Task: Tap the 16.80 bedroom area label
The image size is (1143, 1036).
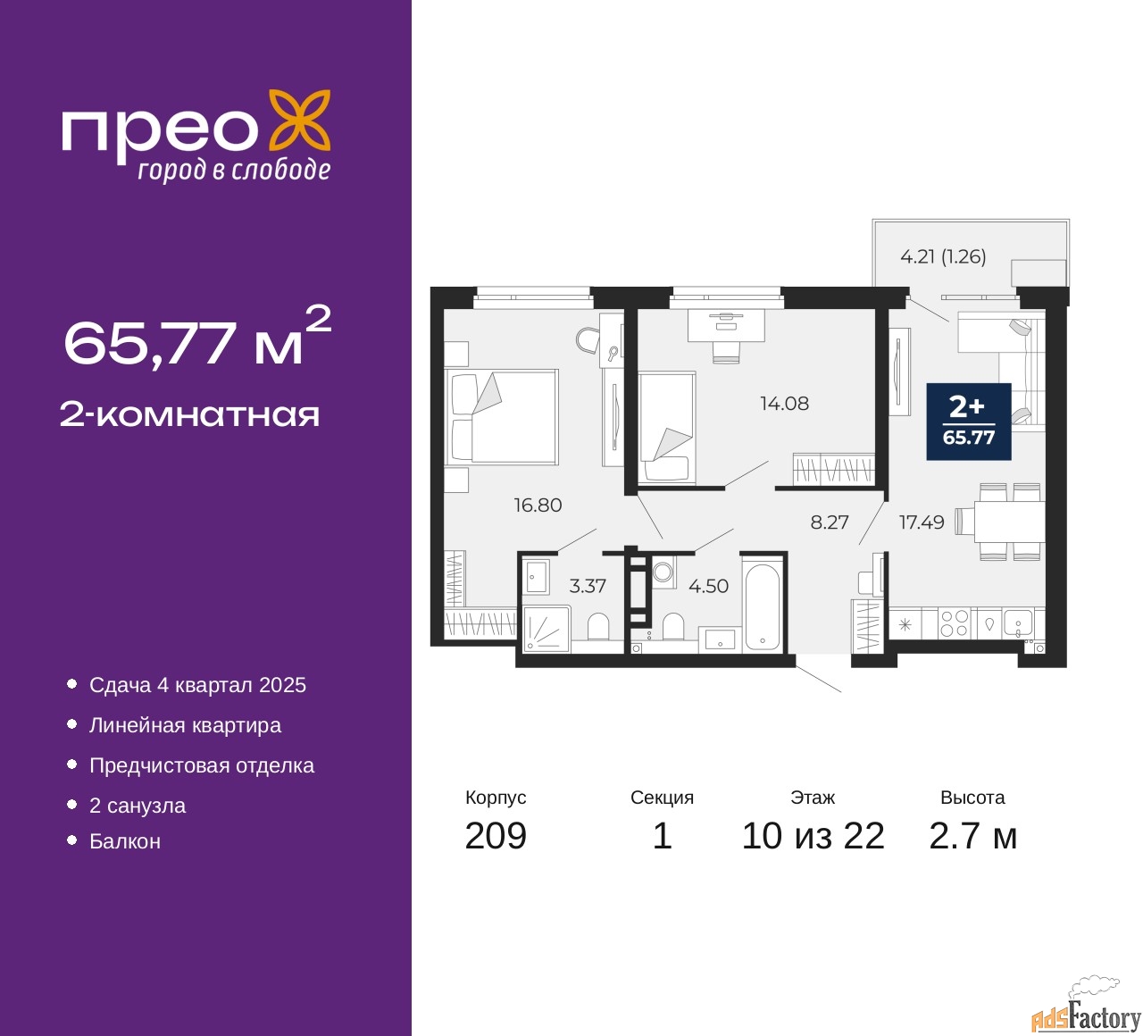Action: point(538,505)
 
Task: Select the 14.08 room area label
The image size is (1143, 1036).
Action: point(784,404)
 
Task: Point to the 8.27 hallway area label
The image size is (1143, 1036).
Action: point(829,522)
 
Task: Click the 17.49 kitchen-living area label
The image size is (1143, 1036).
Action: point(921,522)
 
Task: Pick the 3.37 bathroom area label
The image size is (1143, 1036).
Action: point(588,587)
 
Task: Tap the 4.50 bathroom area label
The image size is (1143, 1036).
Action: point(708,587)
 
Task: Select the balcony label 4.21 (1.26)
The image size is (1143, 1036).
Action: point(943,257)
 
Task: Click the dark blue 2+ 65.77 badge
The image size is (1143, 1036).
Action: point(969,422)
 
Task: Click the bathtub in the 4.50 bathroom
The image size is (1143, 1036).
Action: point(762,606)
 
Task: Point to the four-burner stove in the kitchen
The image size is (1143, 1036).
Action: point(954,623)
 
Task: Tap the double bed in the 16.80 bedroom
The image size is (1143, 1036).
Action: point(502,417)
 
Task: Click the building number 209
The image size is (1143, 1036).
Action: point(496,836)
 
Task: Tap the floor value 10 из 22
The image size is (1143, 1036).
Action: point(813,836)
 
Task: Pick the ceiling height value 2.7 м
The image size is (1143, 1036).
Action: point(972,836)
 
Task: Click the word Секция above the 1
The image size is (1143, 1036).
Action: point(662,798)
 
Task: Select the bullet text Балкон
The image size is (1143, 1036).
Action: point(125,841)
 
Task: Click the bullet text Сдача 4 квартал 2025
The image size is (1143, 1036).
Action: point(197,685)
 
